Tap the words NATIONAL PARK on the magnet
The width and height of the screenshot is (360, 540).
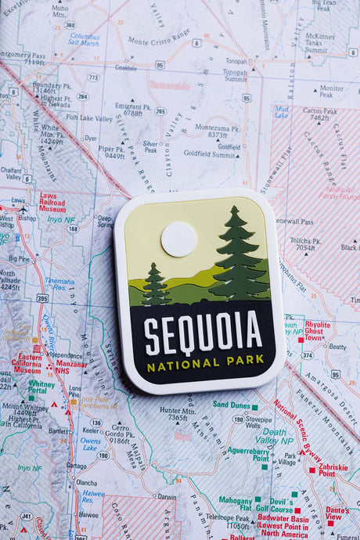[x=205, y=363]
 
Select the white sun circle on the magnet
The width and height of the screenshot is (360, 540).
[x=178, y=239]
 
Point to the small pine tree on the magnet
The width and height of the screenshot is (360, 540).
[x=155, y=285]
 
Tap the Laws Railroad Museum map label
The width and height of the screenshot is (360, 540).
[x=52, y=203]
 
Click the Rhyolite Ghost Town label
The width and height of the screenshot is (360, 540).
[x=317, y=330]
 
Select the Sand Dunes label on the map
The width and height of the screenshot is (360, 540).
[x=233, y=405]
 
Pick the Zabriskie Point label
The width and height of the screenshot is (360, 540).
[x=332, y=470]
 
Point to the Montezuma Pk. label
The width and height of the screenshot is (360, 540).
[x=211, y=131]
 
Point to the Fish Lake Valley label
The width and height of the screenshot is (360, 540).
[x=89, y=118]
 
